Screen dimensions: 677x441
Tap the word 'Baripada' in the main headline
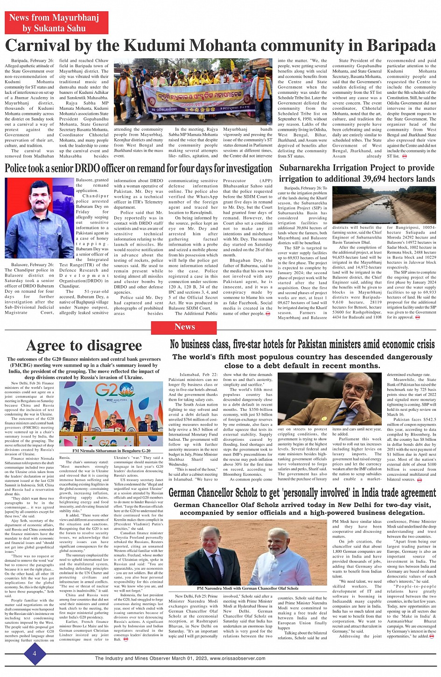[x=401, y=46]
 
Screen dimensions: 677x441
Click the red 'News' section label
[x=184, y=327]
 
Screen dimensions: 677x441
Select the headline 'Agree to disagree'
[x=84, y=345]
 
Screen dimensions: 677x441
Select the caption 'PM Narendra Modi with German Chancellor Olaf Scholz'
[x=247, y=588]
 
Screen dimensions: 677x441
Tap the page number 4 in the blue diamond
[x=34, y=653]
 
